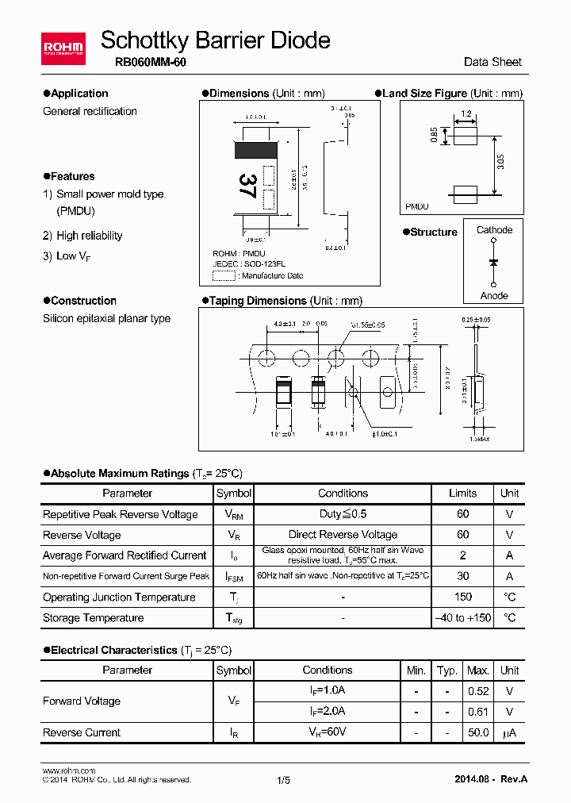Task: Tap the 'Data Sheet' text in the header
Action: (x=492, y=62)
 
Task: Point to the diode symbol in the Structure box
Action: (x=493, y=262)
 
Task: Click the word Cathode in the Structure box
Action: (x=494, y=230)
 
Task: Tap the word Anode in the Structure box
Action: (x=494, y=295)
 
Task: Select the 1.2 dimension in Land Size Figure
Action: (x=466, y=114)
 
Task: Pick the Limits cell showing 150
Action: (x=463, y=597)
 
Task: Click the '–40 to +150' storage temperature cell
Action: (x=463, y=617)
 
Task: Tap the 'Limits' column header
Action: (x=463, y=493)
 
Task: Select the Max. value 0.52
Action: (x=478, y=691)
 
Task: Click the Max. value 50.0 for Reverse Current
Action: (x=478, y=732)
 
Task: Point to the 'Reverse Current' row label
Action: (x=82, y=732)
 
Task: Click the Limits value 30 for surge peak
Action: (x=463, y=576)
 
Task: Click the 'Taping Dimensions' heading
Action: (x=258, y=301)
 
